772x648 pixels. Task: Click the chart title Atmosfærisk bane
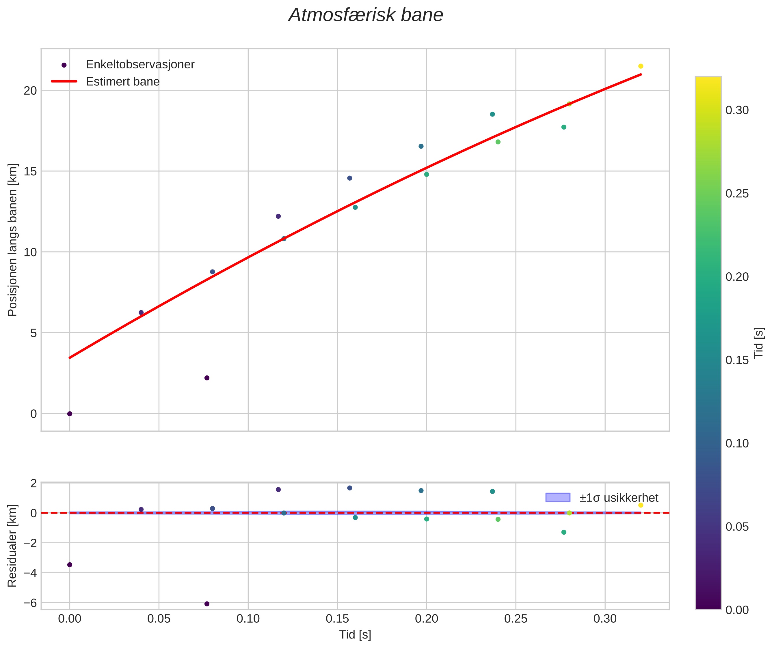(x=366, y=15)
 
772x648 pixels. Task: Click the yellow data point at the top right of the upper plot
(x=640, y=66)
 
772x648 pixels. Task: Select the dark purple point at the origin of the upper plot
(x=70, y=414)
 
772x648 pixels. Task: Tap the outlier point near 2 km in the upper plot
(x=207, y=378)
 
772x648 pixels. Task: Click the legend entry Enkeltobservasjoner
(x=140, y=65)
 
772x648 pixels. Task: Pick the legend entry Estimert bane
(x=122, y=82)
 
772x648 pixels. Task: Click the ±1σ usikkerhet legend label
(x=619, y=498)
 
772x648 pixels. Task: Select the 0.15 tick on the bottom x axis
(x=337, y=619)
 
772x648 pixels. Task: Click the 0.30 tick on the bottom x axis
(x=605, y=619)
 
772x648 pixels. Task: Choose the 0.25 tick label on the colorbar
(x=737, y=194)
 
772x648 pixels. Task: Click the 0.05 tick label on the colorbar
(x=737, y=527)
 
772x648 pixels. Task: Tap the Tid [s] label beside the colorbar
(x=759, y=343)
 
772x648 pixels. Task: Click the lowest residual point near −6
(x=207, y=604)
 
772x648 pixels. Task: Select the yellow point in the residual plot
(x=640, y=505)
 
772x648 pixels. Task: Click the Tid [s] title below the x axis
(x=355, y=635)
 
